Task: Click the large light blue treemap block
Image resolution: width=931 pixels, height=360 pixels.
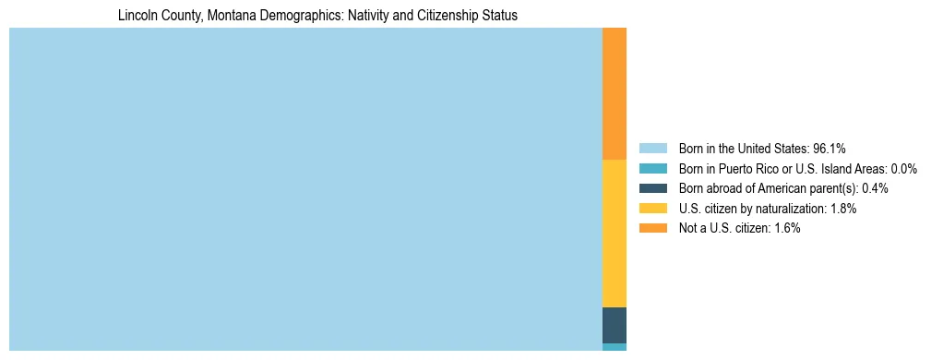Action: (x=304, y=189)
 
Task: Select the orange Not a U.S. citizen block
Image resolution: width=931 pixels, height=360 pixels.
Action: (x=614, y=93)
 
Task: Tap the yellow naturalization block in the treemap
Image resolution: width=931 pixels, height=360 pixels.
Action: (x=614, y=234)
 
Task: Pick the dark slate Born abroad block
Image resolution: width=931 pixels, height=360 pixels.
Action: (x=614, y=325)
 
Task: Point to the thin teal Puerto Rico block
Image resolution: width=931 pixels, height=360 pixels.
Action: (x=614, y=347)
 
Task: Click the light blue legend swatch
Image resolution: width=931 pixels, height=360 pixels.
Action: (x=652, y=148)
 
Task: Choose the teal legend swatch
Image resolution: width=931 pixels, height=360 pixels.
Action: (x=652, y=168)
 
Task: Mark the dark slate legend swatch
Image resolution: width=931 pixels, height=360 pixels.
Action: (x=652, y=188)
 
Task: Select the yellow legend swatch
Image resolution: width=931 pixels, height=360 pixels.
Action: (x=652, y=209)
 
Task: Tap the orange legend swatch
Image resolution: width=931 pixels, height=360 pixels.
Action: (x=652, y=228)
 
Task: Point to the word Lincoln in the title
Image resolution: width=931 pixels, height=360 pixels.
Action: (x=137, y=16)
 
